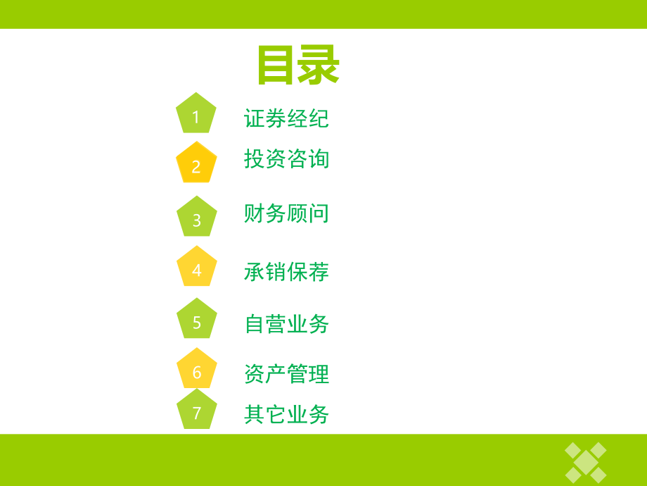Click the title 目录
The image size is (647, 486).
(298, 66)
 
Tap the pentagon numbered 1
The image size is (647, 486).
(196, 114)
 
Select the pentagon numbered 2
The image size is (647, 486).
(196, 164)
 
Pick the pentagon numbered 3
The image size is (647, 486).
(196, 218)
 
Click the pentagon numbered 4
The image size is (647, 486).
(196, 268)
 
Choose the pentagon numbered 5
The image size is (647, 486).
(196, 320)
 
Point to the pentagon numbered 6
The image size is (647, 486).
(196, 370)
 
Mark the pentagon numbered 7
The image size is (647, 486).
(196, 411)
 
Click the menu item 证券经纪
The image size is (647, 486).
(286, 118)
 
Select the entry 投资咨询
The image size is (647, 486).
(286, 159)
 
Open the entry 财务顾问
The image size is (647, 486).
(286, 213)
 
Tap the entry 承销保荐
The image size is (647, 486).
(286, 271)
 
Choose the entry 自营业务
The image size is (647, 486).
(286, 323)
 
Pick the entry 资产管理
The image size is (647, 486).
(286, 373)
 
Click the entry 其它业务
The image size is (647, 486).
(286, 415)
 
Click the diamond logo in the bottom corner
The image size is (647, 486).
(586, 461)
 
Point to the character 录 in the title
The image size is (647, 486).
(319, 66)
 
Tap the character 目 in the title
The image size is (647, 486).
(276, 66)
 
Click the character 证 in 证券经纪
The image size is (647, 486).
(255, 118)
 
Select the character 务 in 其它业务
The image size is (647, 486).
(319, 415)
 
